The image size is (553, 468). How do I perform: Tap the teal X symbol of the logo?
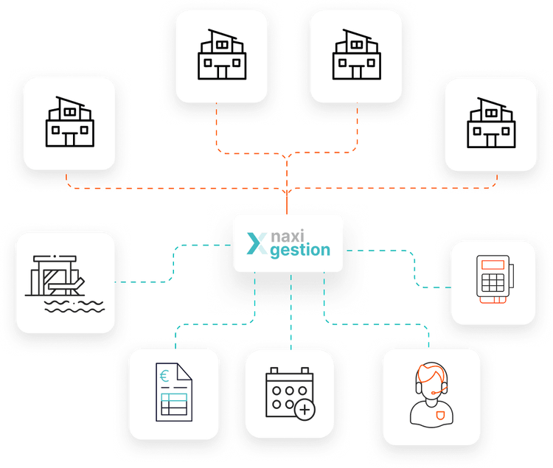(257, 244)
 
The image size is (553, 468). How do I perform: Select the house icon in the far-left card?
(69, 122)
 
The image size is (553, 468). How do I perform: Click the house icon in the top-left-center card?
(220, 55)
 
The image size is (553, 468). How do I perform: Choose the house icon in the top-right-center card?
(356, 55)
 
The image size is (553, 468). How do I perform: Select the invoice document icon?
(174, 394)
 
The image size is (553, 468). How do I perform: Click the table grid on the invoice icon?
(174, 404)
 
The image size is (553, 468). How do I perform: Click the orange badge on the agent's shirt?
(440, 415)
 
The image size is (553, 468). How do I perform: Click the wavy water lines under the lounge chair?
(70, 307)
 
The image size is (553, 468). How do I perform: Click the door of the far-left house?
(69, 138)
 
